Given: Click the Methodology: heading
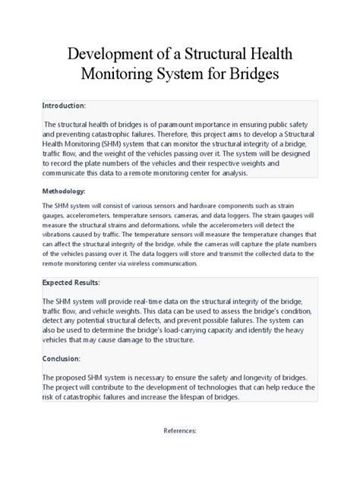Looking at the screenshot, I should pyautogui.click(x=64, y=191).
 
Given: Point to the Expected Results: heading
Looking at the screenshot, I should pyautogui.click(x=73, y=283).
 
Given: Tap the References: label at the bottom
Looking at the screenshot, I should pyautogui.click(x=180, y=430).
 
